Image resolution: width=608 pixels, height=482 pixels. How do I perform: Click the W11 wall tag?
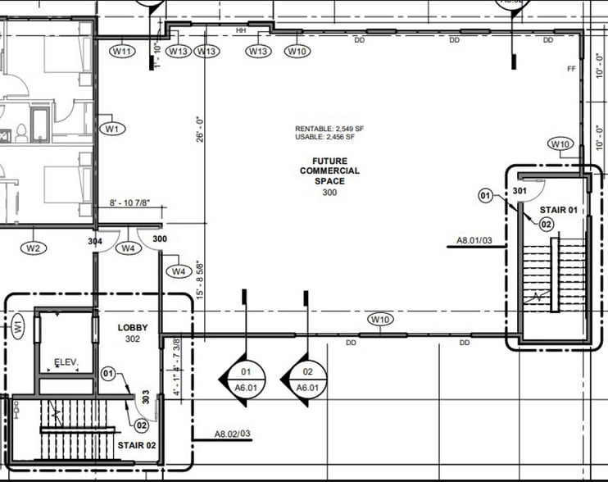(122, 52)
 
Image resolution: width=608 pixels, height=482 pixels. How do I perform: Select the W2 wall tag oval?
(34, 248)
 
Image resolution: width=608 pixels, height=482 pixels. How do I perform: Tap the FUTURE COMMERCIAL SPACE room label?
(329, 171)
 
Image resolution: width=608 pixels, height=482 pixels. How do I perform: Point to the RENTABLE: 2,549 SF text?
(329, 130)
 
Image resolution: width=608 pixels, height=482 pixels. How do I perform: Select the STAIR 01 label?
(558, 210)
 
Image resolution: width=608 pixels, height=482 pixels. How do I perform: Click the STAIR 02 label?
(137, 446)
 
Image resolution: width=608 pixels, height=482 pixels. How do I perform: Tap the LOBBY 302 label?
(133, 332)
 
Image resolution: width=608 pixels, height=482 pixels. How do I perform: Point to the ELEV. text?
(66, 361)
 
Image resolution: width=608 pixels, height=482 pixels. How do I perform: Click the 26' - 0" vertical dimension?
(199, 129)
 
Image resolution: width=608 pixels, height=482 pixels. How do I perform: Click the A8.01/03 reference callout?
(474, 242)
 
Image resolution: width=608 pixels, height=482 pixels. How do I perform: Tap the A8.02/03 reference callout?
(232, 434)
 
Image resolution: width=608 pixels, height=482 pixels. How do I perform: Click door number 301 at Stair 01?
(519, 190)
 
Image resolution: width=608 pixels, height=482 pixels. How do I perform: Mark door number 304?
(95, 242)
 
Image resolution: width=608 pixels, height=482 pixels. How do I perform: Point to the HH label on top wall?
(241, 30)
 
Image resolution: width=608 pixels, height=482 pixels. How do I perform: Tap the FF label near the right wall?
(571, 69)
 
